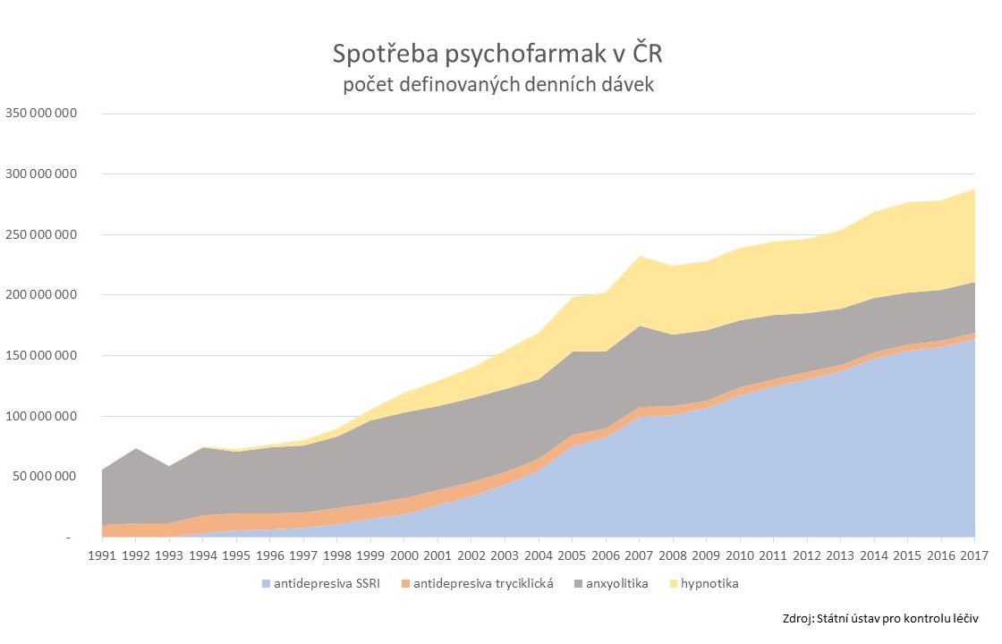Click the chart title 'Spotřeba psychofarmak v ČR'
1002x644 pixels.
(499, 55)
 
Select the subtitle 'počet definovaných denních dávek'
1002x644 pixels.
(499, 86)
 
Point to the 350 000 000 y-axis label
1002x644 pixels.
(42, 114)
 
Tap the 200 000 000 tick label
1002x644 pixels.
(42, 295)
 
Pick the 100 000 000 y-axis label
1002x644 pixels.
(42, 416)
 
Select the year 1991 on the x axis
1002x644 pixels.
(103, 555)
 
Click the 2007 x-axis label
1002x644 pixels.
(639, 555)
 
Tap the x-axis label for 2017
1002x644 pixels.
(973, 555)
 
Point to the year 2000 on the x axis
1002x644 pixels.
(404, 555)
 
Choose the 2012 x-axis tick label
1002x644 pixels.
(806, 555)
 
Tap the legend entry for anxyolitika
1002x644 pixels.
(618, 584)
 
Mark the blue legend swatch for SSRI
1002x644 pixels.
(267, 584)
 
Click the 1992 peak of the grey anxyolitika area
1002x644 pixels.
(136, 450)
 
